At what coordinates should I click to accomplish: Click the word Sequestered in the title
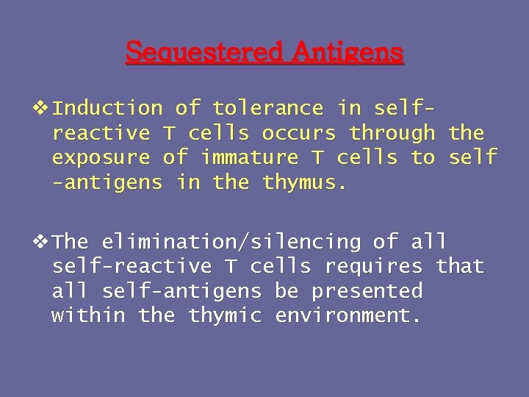(x=204, y=52)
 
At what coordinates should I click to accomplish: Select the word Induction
(x=107, y=108)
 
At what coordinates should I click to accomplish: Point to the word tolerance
(x=267, y=108)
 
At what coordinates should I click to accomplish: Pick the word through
(x=392, y=133)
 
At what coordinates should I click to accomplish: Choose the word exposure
(x=101, y=157)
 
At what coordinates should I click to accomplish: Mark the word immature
(x=249, y=157)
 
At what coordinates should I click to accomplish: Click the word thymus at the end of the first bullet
(x=304, y=182)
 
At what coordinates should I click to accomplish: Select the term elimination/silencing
(x=231, y=241)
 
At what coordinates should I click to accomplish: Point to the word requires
(x=373, y=266)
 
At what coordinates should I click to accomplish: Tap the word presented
(x=367, y=291)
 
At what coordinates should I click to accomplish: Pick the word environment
(x=348, y=315)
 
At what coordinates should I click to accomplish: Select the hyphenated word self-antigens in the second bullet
(x=181, y=291)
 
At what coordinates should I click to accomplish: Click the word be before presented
(x=287, y=291)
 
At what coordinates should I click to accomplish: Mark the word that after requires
(x=460, y=266)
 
